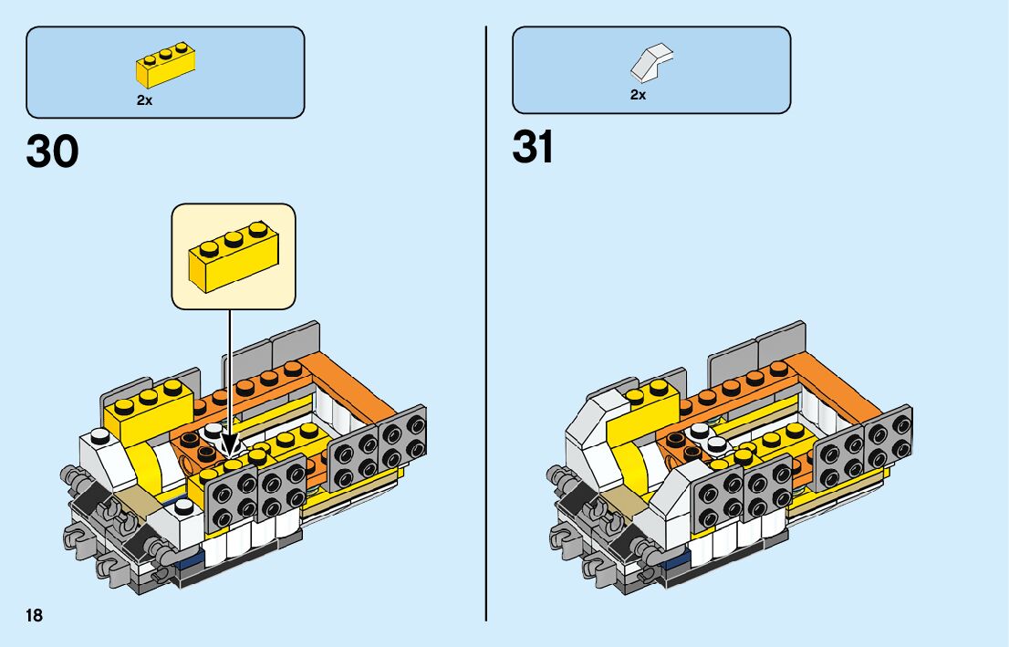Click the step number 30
point(53,152)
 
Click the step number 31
point(534,147)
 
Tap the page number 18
point(34,615)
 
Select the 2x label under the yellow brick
point(144,100)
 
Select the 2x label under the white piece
point(638,95)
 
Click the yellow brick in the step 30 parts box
point(168,64)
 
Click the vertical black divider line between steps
point(486,319)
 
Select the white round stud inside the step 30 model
point(214,432)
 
